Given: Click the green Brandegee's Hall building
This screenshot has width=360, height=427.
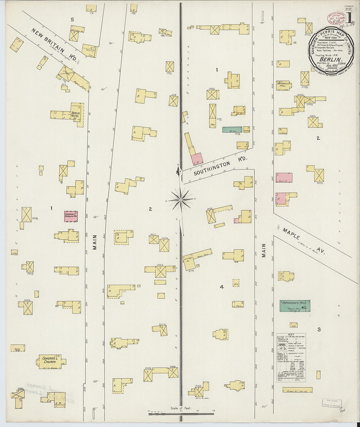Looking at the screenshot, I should [295, 306].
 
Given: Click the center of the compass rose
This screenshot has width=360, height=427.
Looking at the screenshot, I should [180, 199].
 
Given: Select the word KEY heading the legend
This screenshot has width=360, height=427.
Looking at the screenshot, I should [291, 334].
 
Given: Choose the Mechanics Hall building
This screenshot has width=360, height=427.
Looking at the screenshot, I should [284, 85].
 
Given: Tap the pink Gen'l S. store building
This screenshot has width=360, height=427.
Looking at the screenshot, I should [284, 178].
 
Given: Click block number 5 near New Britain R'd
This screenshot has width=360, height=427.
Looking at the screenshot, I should [72, 20].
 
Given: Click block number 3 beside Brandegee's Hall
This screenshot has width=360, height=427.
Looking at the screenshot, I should [319, 329].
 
